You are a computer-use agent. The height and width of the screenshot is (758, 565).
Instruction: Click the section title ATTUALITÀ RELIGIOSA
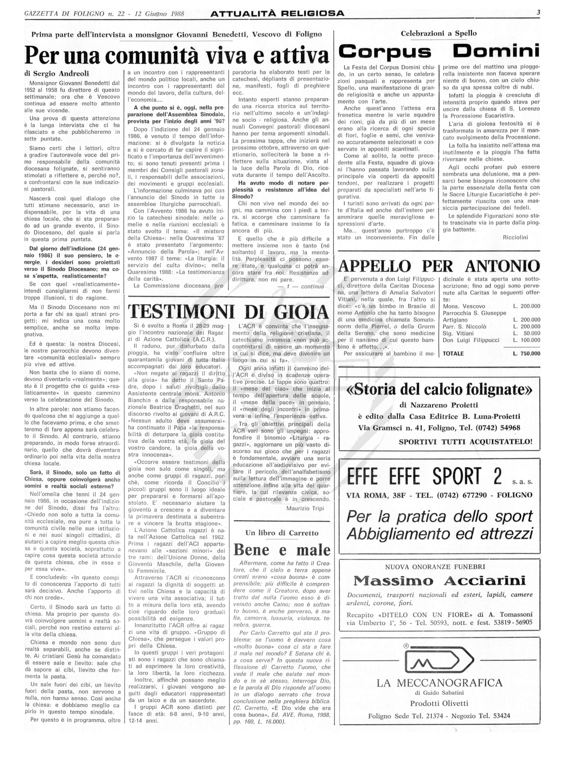click(277, 14)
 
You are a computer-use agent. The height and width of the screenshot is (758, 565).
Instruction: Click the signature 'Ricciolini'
click(515, 237)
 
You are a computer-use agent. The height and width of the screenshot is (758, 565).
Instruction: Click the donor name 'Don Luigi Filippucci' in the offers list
click(471, 340)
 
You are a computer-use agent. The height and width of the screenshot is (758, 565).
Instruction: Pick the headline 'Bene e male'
click(282, 550)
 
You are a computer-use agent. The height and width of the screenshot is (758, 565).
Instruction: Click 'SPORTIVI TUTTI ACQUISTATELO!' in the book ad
click(466, 442)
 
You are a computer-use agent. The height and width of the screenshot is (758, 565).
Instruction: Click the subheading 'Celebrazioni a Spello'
click(438, 33)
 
